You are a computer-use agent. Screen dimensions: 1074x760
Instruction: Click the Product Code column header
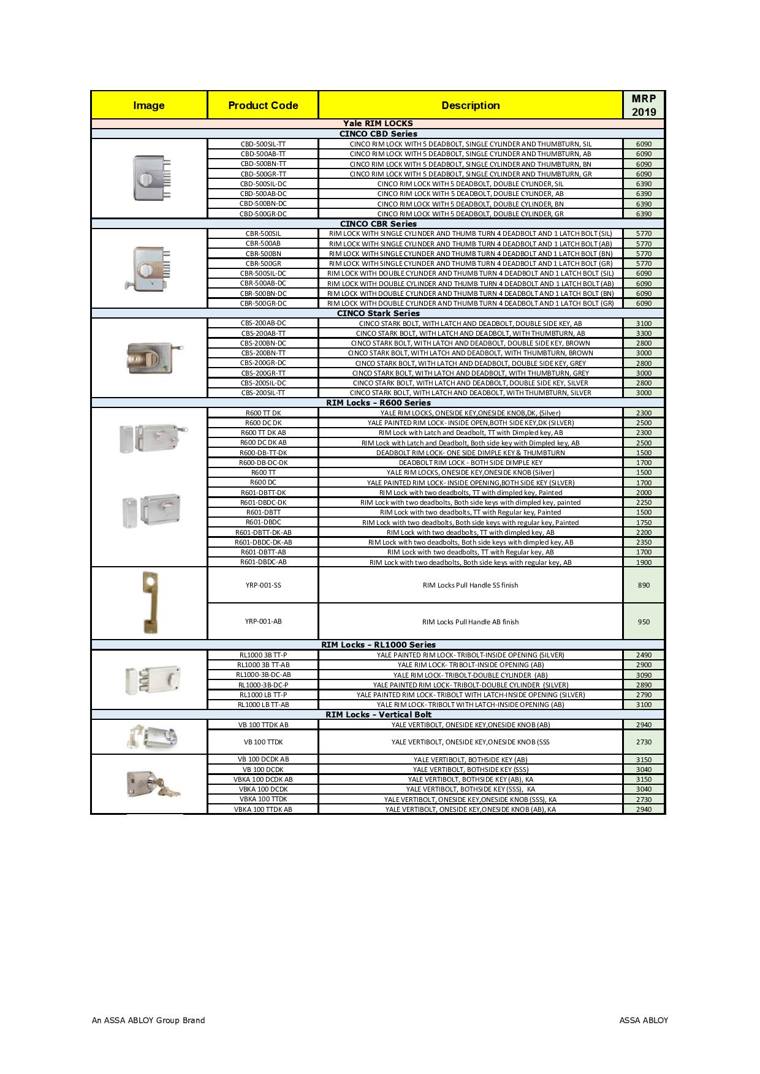[x=263, y=105]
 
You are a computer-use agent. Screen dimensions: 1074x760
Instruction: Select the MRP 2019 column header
[x=644, y=105]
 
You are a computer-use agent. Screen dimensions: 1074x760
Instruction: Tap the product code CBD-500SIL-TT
[x=263, y=144]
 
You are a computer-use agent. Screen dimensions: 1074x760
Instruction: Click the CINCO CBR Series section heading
[x=378, y=224]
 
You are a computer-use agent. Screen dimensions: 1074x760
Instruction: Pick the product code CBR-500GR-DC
[x=263, y=303]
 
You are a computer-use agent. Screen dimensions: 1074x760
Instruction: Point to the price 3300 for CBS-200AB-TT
[x=644, y=333]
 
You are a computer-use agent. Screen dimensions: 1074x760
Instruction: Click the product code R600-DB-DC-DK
[x=263, y=463]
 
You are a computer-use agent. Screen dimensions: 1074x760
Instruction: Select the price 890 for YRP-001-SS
[x=644, y=585]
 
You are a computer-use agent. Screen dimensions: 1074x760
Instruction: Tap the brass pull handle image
[x=150, y=602]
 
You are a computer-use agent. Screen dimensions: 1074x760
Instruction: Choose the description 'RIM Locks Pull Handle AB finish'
[x=470, y=622]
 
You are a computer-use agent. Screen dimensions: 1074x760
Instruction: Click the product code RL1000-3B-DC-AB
[x=263, y=675]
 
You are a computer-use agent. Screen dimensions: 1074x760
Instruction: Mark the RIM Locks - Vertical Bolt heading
[x=378, y=714]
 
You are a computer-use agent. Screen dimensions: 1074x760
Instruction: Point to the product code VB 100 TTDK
[x=263, y=742]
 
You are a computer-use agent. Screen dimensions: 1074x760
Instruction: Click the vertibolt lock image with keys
[x=152, y=784]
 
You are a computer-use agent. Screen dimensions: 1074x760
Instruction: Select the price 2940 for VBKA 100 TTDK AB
[x=644, y=809]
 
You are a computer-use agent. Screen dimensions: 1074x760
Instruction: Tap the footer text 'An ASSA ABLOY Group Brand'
[x=148, y=1020]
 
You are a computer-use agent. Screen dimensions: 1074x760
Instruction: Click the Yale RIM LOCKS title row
[x=378, y=123]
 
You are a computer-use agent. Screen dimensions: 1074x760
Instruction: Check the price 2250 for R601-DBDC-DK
[x=644, y=502]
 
